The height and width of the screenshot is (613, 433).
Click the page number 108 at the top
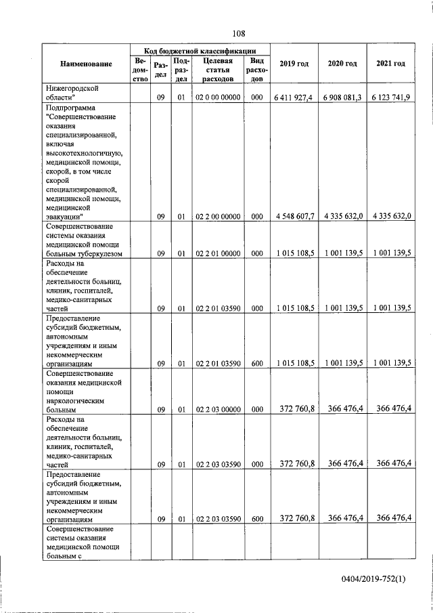(238, 33)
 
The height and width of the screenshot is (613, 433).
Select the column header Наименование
(86, 64)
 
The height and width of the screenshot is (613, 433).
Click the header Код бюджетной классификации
(200, 50)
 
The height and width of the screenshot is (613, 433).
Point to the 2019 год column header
(294, 64)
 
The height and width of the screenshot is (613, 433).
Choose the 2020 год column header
(342, 64)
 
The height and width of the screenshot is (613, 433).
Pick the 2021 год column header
(390, 64)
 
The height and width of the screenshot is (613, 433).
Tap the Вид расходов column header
(256, 69)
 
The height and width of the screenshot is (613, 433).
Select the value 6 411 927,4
(294, 98)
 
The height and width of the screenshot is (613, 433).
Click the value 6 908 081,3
(342, 98)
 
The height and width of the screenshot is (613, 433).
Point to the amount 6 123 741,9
(390, 98)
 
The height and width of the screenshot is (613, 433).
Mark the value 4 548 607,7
(294, 216)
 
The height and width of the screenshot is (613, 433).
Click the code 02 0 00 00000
(218, 98)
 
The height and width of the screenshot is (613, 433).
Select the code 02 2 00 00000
(218, 216)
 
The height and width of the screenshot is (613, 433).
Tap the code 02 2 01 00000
(218, 253)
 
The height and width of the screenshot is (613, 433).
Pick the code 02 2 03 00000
(218, 408)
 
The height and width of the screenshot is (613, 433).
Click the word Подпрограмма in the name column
(70, 108)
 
